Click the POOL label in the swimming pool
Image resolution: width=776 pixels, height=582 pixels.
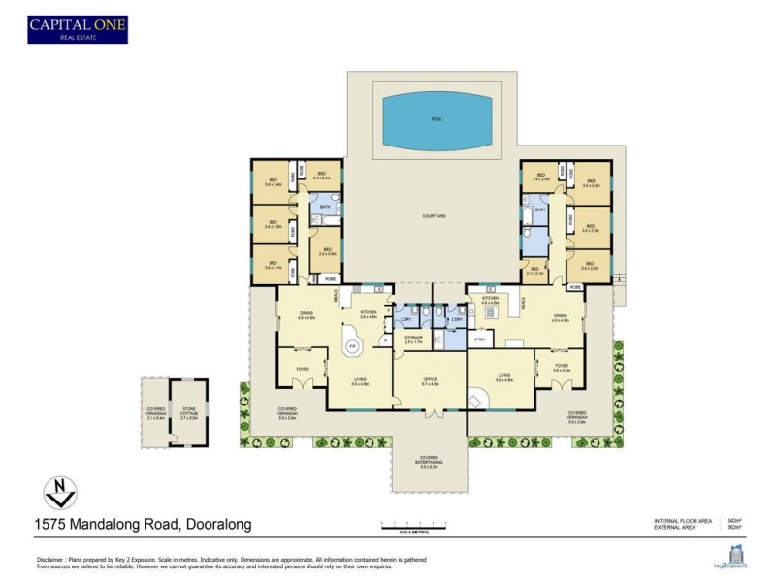[x=435, y=119]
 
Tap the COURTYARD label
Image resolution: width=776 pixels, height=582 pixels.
[x=434, y=217]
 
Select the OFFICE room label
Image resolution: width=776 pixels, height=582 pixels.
[x=430, y=381]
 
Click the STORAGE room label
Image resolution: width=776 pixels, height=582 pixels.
[x=414, y=341]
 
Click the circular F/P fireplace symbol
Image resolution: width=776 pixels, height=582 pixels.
[x=353, y=345]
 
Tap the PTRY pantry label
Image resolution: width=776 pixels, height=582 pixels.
[x=478, y=339]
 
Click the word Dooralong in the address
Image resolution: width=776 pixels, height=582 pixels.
[x=218, y=525]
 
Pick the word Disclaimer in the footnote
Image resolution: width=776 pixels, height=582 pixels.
[x=54, y=560]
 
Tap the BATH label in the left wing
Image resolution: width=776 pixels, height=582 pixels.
[x=323, y=207]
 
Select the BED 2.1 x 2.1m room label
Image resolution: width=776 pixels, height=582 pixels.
[x=533, y=271]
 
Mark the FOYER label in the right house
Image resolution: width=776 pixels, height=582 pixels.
[x=561, y=368]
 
